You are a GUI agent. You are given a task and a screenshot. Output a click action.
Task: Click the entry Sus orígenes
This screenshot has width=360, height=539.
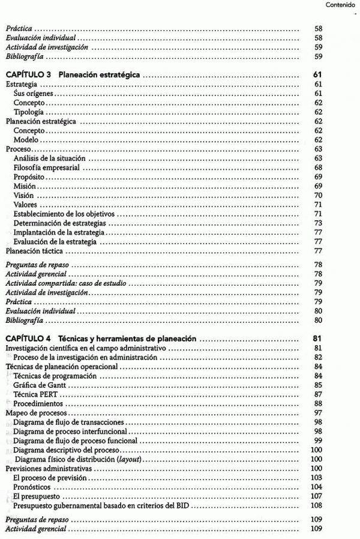tap(34, 94)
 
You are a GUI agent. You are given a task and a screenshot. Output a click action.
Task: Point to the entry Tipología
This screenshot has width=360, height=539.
tap(29, 112)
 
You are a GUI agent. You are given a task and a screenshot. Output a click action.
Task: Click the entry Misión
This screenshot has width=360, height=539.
tap(25, 186)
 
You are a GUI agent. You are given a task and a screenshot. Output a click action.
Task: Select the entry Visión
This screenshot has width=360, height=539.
tap(23, 196)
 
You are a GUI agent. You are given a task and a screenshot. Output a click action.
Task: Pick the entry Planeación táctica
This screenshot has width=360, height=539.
tap(34, 251)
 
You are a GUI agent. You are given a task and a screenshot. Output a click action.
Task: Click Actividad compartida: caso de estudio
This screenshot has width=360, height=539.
tap(67, 283)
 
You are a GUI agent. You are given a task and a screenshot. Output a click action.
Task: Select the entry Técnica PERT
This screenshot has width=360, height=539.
tap(35, 394)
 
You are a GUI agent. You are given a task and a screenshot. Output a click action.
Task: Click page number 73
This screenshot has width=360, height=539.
tap(319, 223)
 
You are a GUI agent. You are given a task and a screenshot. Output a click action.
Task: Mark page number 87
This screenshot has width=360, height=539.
tap(319, 394)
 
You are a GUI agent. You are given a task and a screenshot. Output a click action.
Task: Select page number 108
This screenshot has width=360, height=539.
tap(317, 505)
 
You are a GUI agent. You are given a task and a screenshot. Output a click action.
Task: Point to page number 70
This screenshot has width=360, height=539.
tap(319, 196)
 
